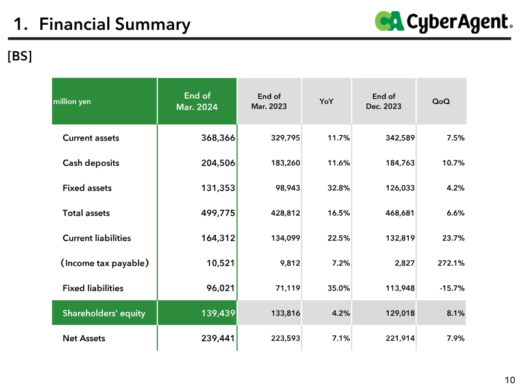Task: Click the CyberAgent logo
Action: click(444, 22)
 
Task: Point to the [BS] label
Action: click(20, 56)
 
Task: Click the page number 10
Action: click(510, 380)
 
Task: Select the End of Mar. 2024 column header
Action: click(197, 101)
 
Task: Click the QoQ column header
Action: click(441, 101)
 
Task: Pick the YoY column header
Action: click(326, 101)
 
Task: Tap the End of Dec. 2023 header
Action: click(383, 101)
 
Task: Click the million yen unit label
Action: click(72, 101)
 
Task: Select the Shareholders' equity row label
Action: click(104, 313)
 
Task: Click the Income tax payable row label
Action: click(105, 263)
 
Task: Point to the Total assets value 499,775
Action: click(218, 213)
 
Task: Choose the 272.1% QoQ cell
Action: click(451, 263)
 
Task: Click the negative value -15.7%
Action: click(452, 288)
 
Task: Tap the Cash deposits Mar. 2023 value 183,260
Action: click(285, 163)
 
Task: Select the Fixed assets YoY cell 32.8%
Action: click(339, 188)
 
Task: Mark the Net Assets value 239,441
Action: click(218, 338)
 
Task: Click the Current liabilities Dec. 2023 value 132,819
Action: click(400, 238)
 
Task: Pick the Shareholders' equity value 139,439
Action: click(218, 313)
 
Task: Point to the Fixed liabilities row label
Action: click(93, 288)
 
